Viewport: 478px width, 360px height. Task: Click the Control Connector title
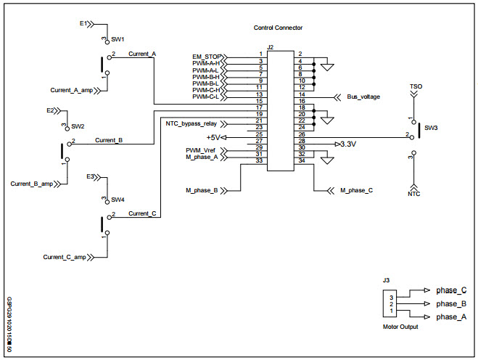278,28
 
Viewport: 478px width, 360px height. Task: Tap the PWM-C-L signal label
206,96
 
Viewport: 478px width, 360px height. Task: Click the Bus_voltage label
363,96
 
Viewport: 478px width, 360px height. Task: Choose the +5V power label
213,136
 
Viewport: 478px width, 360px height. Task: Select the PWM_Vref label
200,150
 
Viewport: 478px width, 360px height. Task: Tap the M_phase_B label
202,190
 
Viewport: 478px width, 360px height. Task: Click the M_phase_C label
356,190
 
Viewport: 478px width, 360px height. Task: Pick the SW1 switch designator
118,39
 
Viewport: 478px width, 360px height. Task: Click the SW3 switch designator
431,127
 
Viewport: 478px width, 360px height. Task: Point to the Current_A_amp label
72,90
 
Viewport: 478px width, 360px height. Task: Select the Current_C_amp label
65,257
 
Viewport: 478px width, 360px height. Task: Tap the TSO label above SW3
416,86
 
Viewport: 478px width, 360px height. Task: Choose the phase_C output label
451,290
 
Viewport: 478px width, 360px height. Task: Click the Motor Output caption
400,327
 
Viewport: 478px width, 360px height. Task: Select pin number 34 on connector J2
300,161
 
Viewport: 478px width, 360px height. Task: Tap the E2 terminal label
51,110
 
